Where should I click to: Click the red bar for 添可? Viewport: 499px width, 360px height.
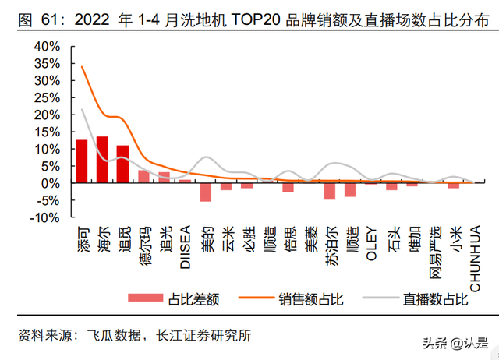coord(80,161)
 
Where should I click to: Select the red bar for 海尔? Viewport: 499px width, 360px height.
coord(101,160)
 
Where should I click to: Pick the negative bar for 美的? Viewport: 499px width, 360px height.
coord(206,192)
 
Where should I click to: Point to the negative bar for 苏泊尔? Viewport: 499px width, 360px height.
coord(330,191)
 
